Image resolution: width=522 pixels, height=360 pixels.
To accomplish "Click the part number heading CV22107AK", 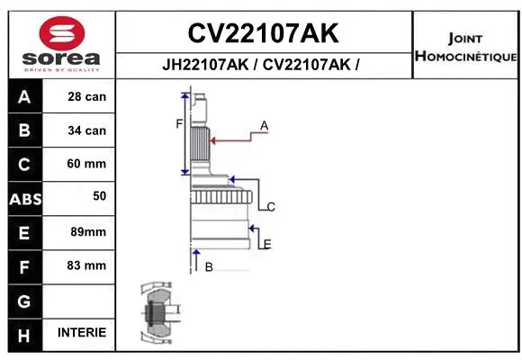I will tap(263, 33).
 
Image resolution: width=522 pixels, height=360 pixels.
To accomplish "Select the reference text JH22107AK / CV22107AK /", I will tap(263, 65).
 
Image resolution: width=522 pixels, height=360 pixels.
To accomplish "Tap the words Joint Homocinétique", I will tap(465, 48).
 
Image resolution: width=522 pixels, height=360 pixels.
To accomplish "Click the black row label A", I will tap(24, 97).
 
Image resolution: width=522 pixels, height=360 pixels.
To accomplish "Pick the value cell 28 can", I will tap(86, 97).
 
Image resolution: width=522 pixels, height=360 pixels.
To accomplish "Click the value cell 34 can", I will tap(86, 130).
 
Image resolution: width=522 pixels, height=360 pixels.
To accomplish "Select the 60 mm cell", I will tap(86, 164).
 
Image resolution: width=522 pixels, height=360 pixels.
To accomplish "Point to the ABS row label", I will tap(24, 198).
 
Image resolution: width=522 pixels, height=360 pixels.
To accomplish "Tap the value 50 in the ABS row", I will tap(99, 195).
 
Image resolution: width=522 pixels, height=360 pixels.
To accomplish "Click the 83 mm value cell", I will tap(86, 265).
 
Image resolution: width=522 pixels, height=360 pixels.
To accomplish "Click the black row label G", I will tap(24, 300).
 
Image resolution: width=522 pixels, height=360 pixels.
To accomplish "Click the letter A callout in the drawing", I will tap(265, 125).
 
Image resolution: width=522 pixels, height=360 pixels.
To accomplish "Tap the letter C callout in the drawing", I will tap(270, 207).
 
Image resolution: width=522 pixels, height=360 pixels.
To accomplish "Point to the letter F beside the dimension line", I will tap(178, 123).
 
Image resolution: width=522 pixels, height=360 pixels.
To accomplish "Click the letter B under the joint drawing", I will tap(209, 266).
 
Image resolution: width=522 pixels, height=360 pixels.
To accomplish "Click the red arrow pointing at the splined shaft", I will tap(234, 139).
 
